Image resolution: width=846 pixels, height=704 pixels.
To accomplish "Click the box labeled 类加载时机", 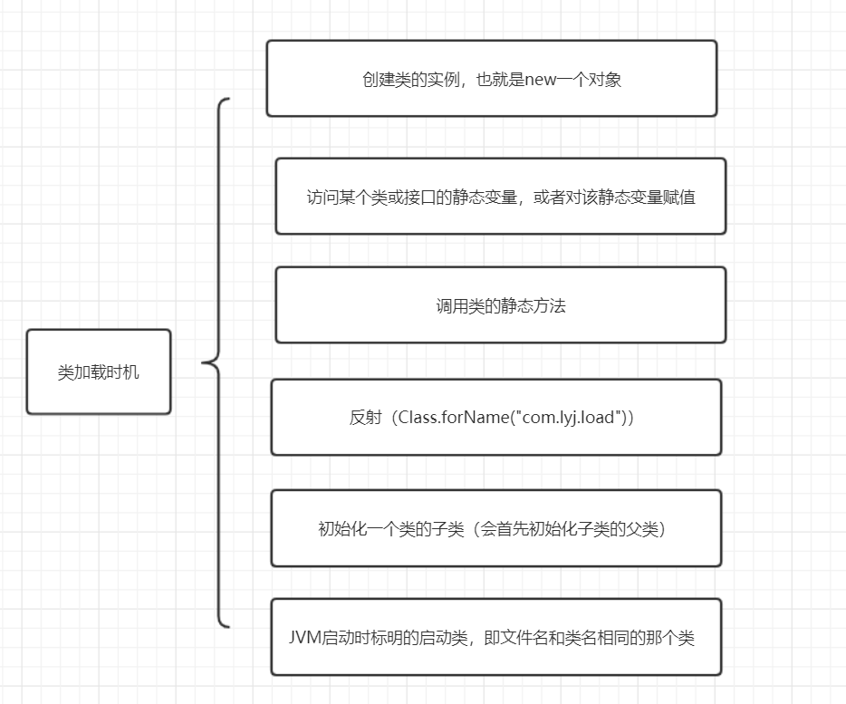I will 99,371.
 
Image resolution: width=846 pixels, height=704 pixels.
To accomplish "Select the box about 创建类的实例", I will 491,78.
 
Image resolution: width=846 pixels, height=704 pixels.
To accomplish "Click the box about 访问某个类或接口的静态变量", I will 500,197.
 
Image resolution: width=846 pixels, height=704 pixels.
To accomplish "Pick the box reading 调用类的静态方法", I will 500,305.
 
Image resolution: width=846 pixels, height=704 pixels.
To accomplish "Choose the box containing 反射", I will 495,418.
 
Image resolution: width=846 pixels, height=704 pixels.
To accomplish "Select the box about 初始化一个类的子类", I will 495,528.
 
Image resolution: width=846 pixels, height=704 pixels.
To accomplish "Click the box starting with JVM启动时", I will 495,637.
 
